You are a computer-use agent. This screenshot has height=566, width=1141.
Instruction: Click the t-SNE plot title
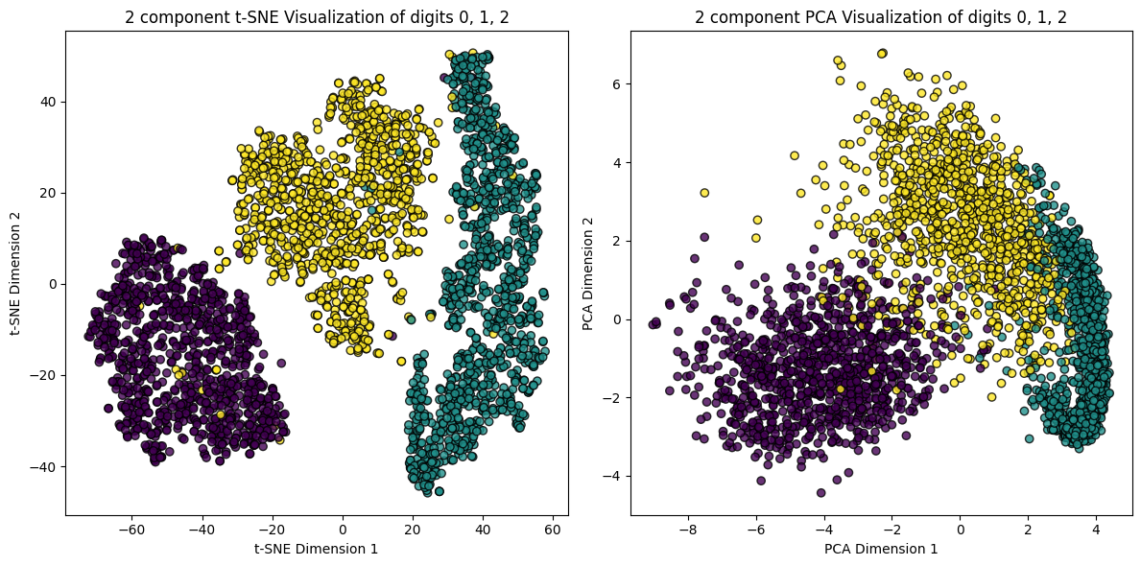pyautogui.click(x=317, y=16)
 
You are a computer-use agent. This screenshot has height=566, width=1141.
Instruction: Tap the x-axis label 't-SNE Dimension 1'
pyautogui.click(x=317, y=549)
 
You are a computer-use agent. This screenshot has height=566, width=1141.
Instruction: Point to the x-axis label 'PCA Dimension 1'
pyautogui.click(x=881, y=549)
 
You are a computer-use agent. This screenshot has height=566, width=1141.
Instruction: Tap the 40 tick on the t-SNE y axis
pyautogui.click(x=45, y=101)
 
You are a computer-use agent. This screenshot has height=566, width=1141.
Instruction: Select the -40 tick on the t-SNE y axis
pyautogui.click(x=41, y=466)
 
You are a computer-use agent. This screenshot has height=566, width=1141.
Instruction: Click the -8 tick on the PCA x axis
pyautogui.click(x=687, y=529)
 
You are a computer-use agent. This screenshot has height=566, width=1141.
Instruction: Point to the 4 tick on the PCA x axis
pyautogui.click(x=1096, y=529)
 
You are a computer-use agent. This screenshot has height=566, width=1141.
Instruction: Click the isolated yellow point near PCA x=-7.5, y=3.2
pyautogui.click(x=704, y=193)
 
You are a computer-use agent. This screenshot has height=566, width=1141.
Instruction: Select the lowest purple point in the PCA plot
pyautogui.click(x=820, y=492)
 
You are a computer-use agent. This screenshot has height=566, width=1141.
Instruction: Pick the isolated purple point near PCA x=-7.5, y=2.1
pyautogui.click(x=704, y=237)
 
